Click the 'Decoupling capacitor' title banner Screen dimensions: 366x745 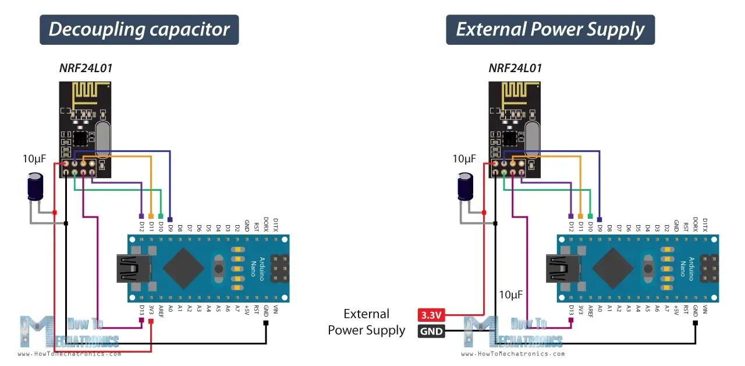click(x=139, y=30)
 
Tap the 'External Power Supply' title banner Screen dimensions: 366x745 click(x=550, y=30)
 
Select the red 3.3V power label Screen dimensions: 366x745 click(x=431, y=315)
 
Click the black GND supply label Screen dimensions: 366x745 click(x=431, y=332)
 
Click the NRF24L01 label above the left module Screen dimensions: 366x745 click(x=86, y=68)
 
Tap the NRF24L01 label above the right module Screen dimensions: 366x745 click(x=515, y=68)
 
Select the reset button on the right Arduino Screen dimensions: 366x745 click(x=648, y=268)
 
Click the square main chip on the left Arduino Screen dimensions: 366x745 click(x=183, y=268)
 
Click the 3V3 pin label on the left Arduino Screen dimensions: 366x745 click(x=151, y=310)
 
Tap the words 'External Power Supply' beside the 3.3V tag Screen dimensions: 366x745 click(x=367, y=322)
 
